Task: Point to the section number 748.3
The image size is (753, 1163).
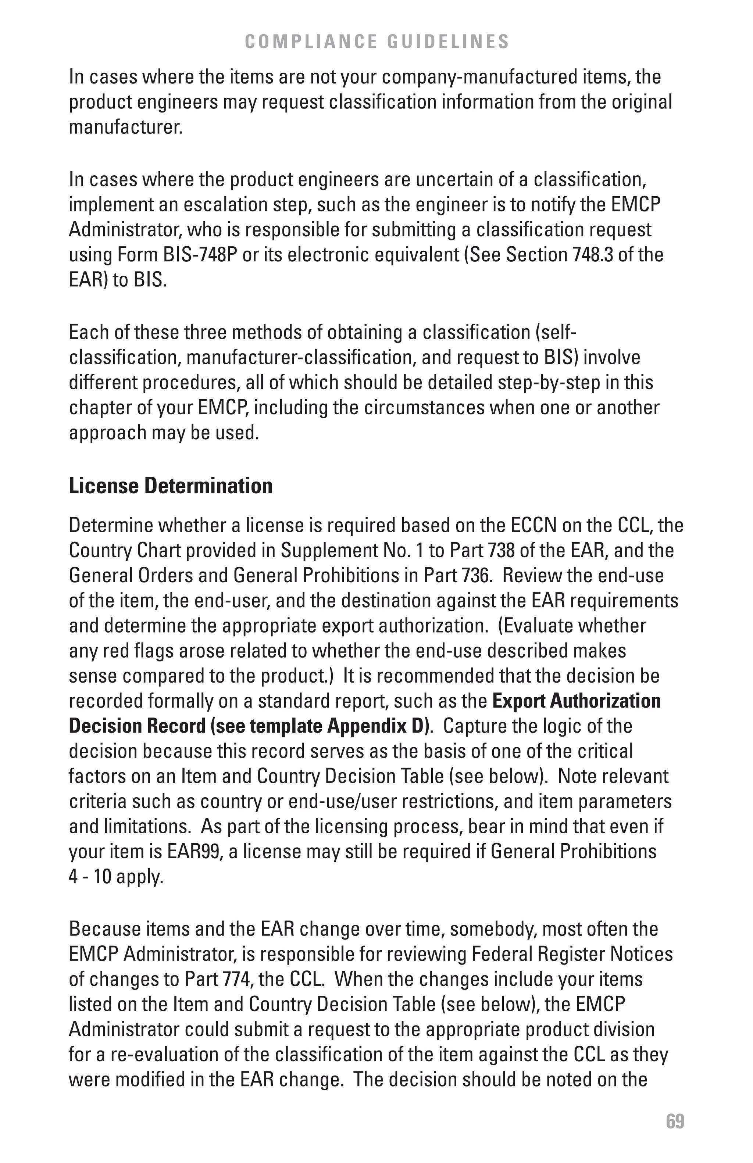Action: pos(591,255)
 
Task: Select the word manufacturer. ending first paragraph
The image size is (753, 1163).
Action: pos(126,128)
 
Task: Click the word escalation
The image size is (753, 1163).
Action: pos(225,205)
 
